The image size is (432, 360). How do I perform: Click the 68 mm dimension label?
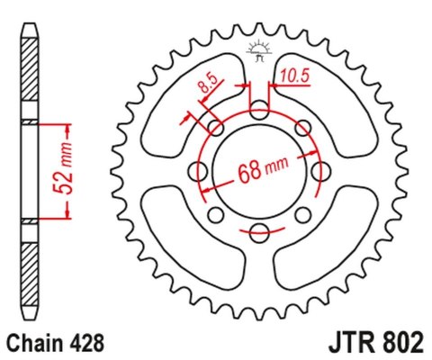[261, 171]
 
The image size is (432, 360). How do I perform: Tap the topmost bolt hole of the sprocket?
[258, 111]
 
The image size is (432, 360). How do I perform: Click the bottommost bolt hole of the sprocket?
[258, 231]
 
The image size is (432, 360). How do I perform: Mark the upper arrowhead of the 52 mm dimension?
[69, 126]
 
